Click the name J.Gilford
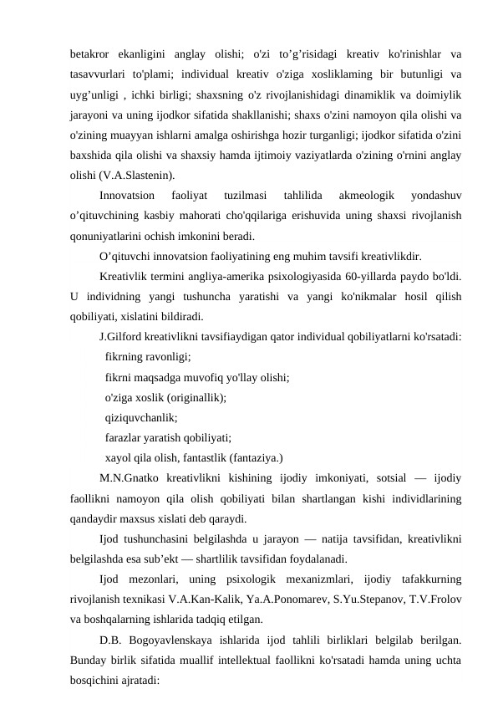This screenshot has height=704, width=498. pos(122,337)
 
